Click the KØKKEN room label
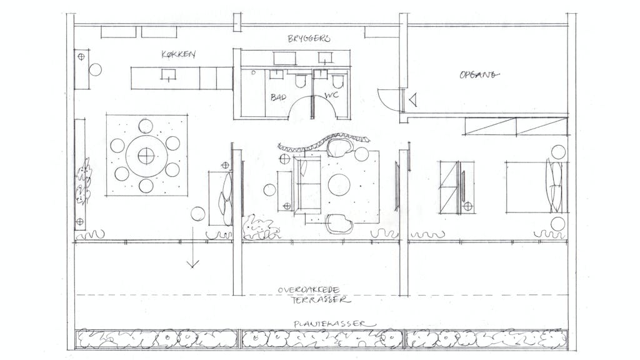(178, 54)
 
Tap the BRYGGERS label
(309, 39)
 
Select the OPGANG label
(479, 75)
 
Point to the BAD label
(278, 97)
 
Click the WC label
(331, 95)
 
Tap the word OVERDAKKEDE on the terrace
(309, 290)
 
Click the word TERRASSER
(321, 300)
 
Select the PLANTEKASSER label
(335, 324)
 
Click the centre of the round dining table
(146, 156)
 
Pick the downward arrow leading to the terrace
(192, 247)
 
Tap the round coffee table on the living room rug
(339, 185)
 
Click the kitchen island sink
(168, 75)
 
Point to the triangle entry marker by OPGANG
(413, 99)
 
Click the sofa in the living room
(307, 185)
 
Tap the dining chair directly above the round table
(146, 126)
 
